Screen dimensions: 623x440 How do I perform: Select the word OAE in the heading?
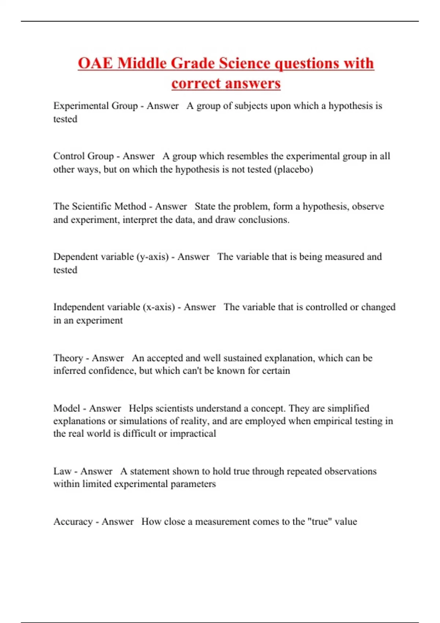[x=96, y=63]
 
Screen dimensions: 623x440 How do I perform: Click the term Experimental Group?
[x=95, y=106]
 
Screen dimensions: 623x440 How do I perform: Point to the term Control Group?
[x=83, y=156]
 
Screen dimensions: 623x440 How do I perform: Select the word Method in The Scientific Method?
[x=130, y=206]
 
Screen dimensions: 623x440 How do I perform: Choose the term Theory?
[x=68, y=358]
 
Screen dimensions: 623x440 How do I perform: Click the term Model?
[x=66, y=408]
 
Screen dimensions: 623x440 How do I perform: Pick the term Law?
[x=62, y=471]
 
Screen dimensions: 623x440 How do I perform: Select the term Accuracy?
[x=73, y=521]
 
